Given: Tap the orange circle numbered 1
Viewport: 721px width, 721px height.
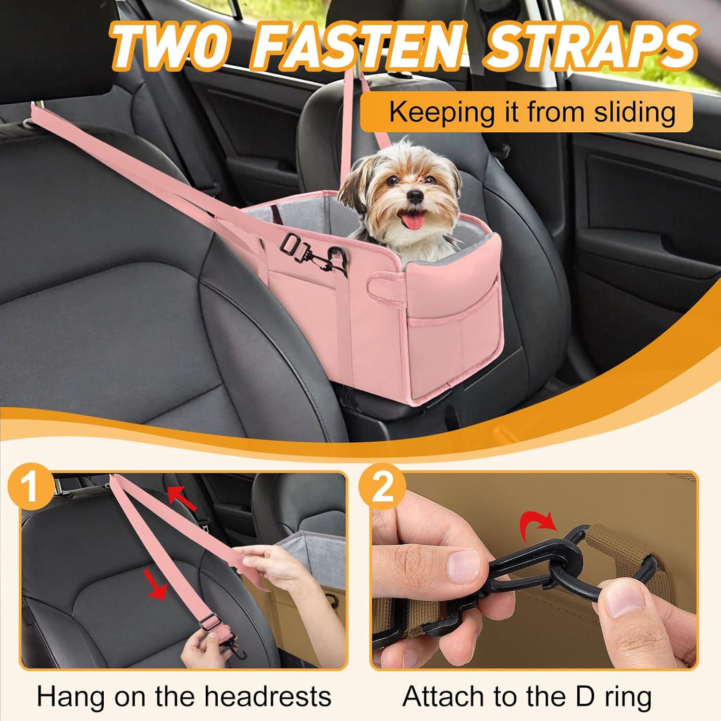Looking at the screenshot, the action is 32,487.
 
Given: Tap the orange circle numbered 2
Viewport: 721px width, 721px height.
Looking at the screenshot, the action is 382,487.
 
